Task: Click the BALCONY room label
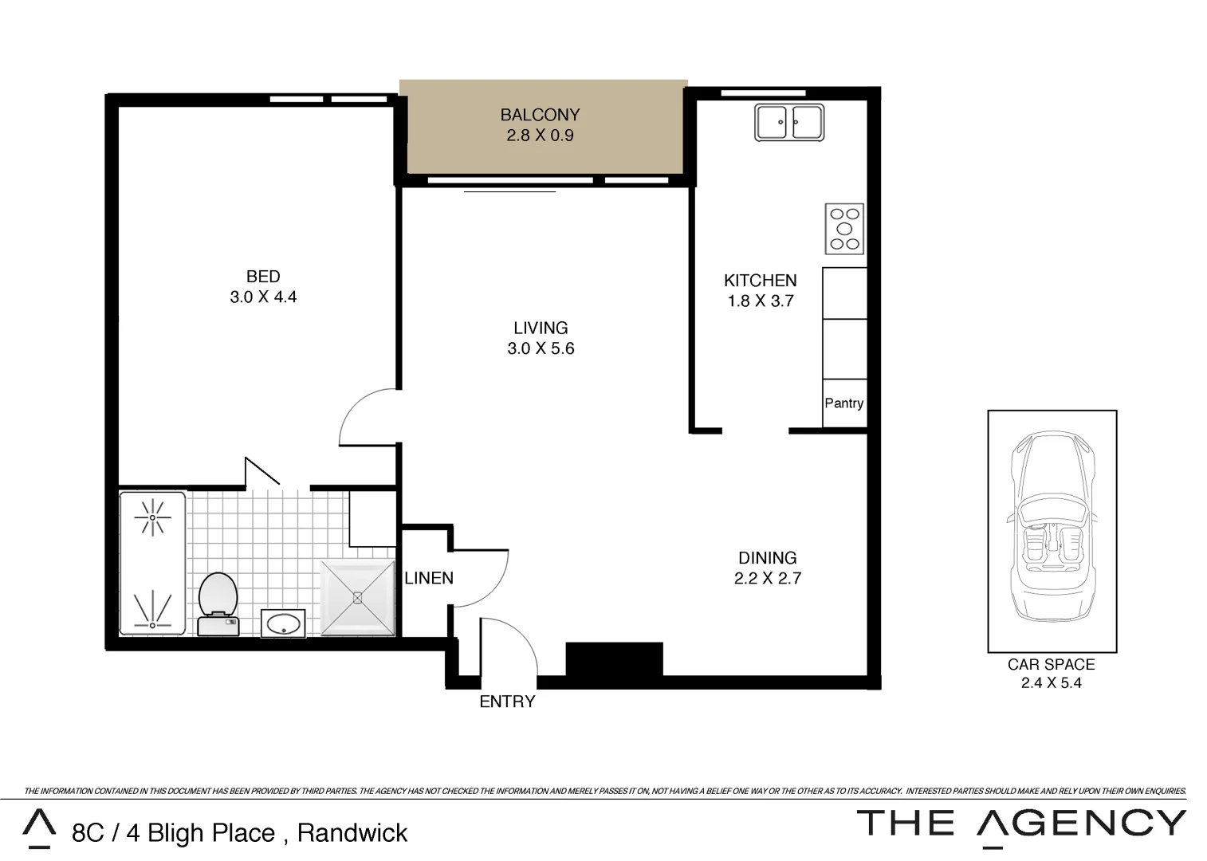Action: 540,115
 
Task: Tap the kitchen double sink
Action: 788,123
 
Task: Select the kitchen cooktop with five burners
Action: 844,229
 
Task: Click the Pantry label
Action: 843,403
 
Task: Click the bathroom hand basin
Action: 283,623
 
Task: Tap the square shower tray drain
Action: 357,598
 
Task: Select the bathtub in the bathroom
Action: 152,563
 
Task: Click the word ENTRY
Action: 507,702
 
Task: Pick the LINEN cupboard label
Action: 429,578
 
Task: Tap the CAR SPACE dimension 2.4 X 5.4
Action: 1051,682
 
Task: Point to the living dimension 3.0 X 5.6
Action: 541,348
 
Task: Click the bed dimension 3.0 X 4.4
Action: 263,297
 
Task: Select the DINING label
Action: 767,558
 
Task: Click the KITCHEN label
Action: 760,281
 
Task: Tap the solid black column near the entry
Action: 614,660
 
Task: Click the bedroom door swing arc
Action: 363,415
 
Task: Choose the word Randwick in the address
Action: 352,833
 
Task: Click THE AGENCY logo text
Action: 1021,823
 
